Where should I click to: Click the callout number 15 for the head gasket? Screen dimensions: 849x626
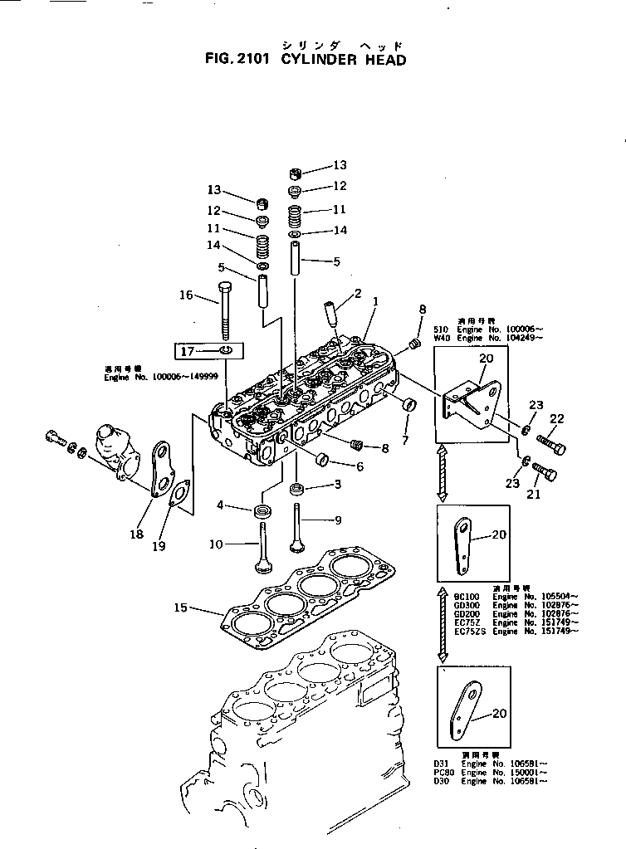(181, 608)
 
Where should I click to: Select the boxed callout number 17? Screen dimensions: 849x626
(188, 352)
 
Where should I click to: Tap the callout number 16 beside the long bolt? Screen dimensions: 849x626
(186, 295)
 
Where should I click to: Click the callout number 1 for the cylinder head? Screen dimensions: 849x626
(375, 303)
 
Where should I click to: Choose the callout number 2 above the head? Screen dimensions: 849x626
(358, 293)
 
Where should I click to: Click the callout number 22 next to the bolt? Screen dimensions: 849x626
(556, 418)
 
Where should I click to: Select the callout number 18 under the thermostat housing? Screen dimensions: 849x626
(137, 534)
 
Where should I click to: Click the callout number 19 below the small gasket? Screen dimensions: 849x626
(159, 546)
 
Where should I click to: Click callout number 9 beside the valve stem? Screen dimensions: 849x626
(338, 520)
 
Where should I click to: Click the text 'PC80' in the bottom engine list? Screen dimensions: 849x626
(442, 773)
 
